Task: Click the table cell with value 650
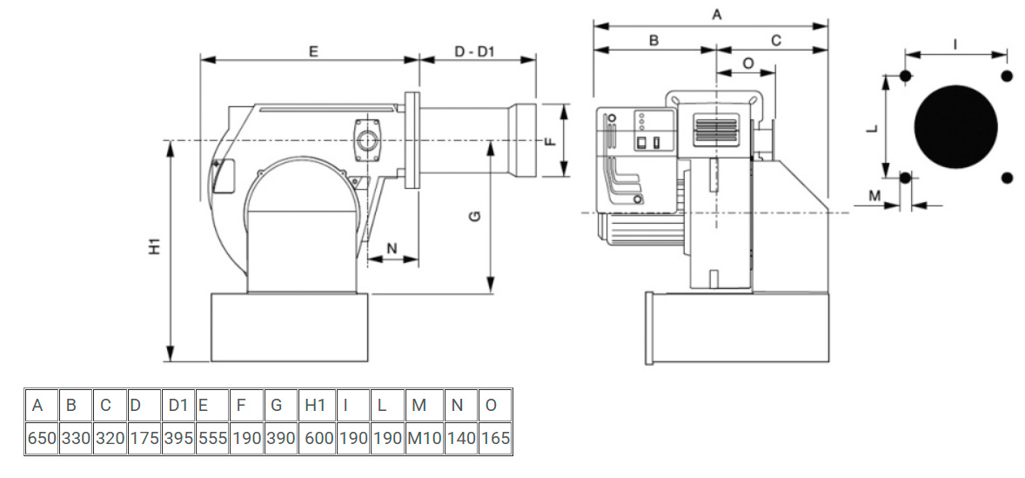[42, 439]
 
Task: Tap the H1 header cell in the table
[318, 406]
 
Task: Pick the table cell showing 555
[213, 439]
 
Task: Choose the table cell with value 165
[495, 439]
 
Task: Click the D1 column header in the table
[178, 406]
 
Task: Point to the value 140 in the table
[461, 439]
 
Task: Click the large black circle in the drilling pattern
[955, 127]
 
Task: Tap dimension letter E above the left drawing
[314, 51]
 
